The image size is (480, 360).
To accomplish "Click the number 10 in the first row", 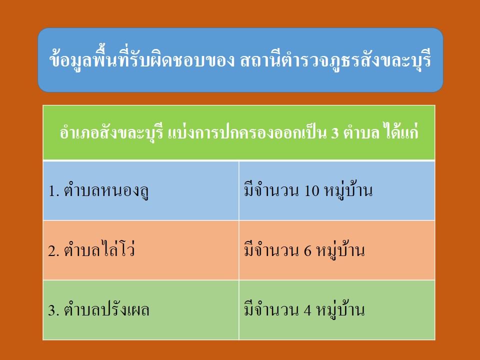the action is (x=312, y=190).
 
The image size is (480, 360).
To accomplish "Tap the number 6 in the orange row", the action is (x=307, y=250).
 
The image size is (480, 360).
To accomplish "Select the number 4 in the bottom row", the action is (x=307, y=310).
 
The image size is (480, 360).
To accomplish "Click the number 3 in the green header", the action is (x=334, y=133).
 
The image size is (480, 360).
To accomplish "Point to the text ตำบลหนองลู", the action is (x=106, y=190).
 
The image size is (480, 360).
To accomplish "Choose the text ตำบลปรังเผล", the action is (x=106, y=309).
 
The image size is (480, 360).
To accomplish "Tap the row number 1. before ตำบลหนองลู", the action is (x=53, y=191).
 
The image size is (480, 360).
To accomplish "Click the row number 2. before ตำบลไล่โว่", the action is (x=53, y=250).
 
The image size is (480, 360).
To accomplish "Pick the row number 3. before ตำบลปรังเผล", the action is (x=53, y=310).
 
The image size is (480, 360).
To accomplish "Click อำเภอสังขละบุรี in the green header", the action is (x=111, y=133).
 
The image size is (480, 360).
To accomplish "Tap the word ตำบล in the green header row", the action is (x=361, y=132).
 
